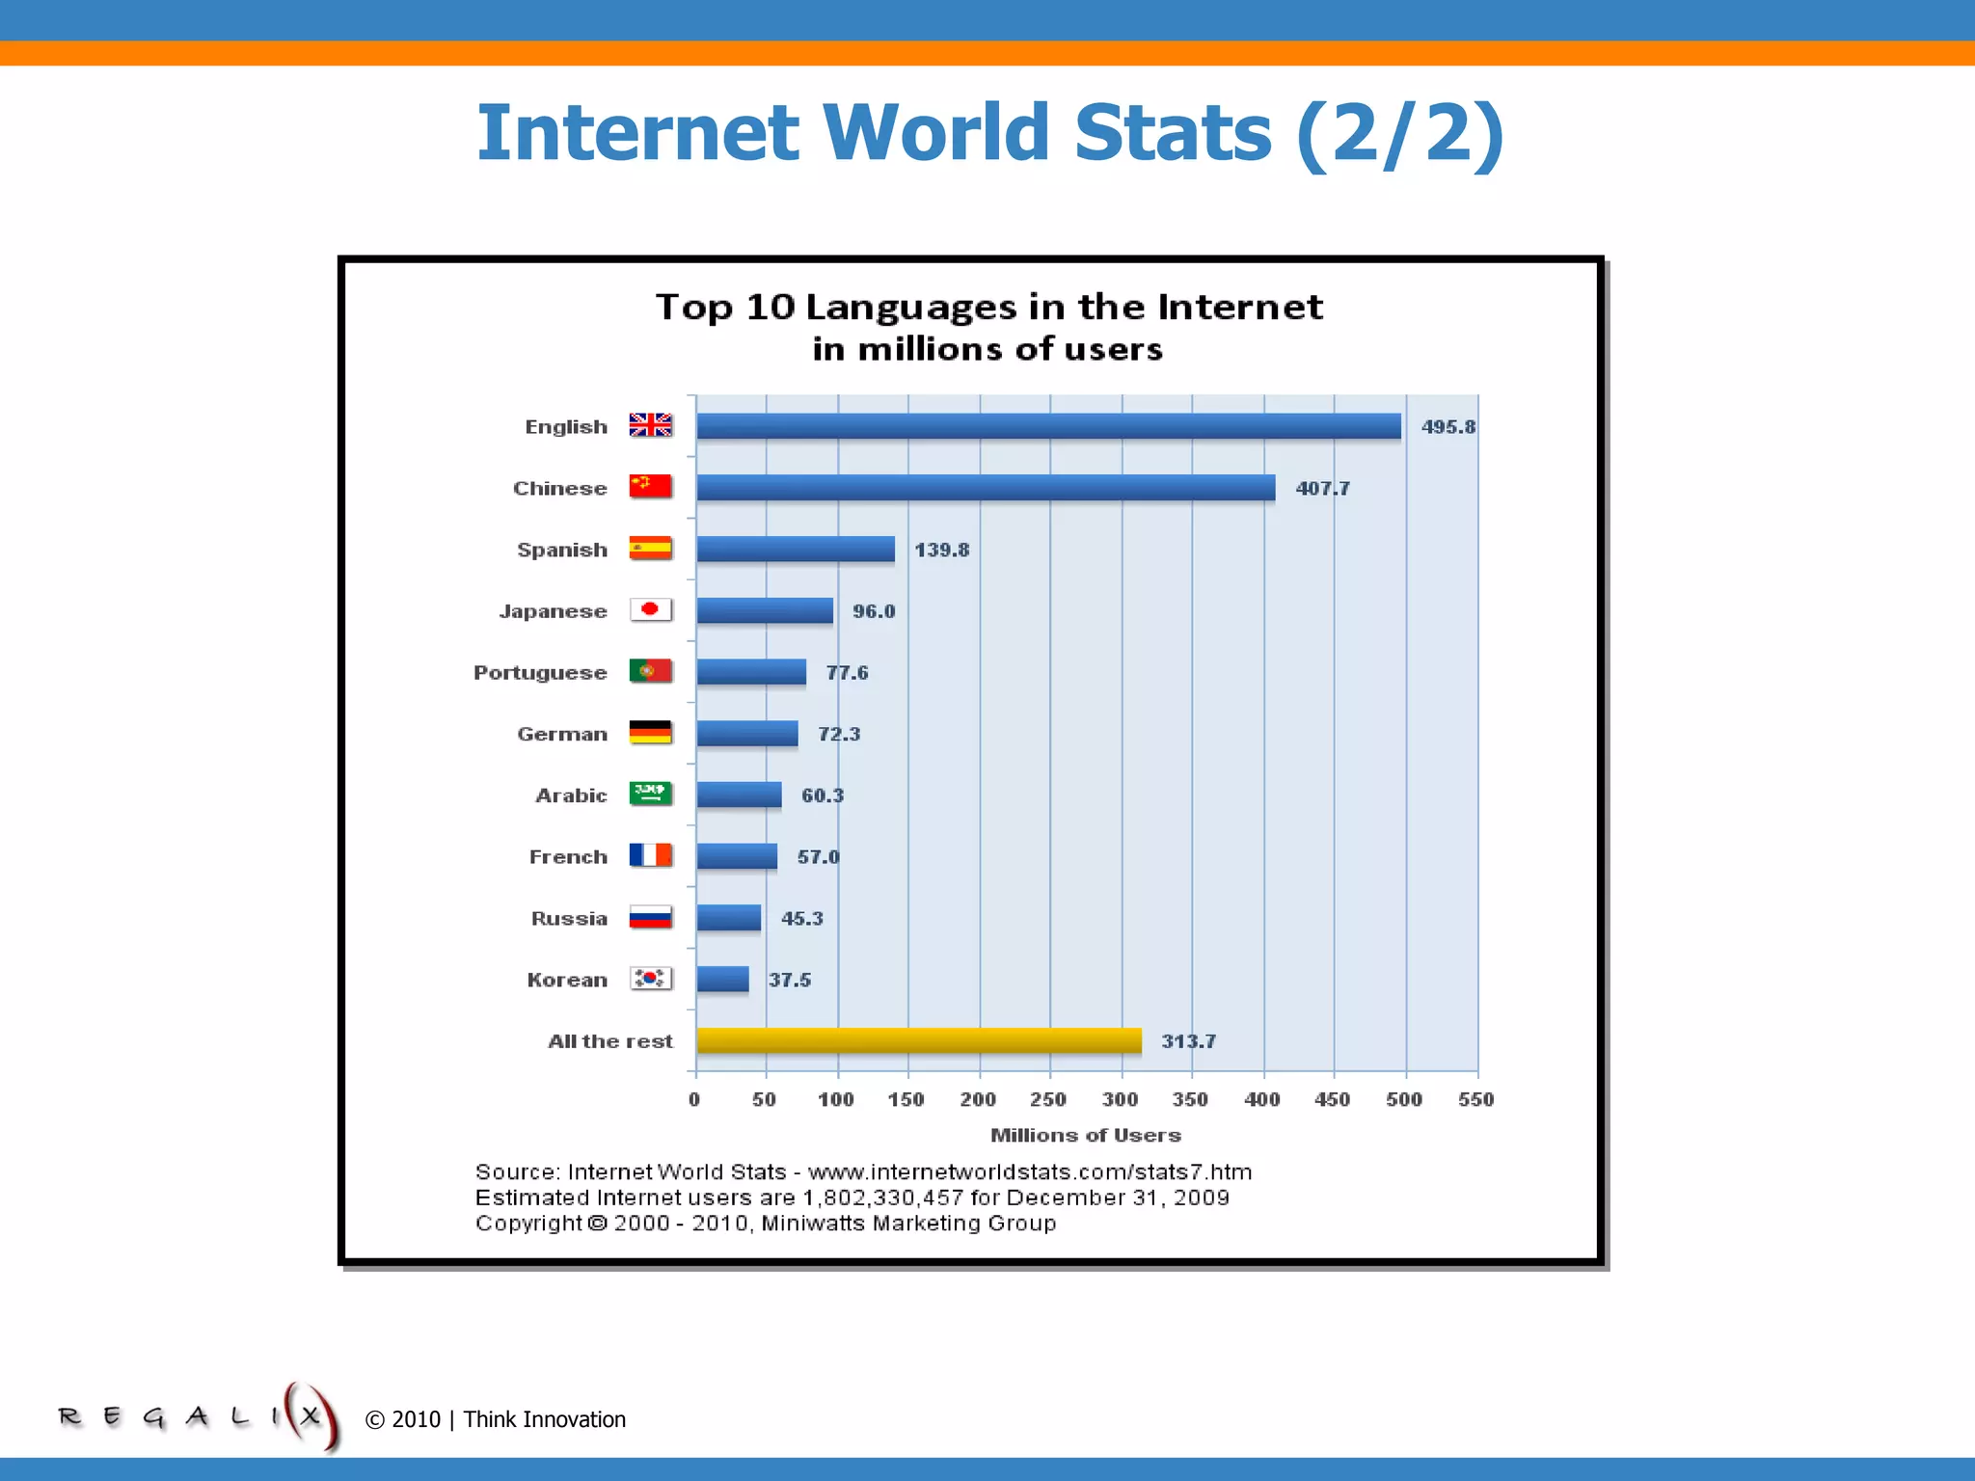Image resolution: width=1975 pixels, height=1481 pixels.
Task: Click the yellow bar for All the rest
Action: point(918,1040)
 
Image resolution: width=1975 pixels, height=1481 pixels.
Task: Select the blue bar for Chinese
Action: point(985,488)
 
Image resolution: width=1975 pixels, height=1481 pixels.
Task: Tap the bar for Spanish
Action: point(795,550)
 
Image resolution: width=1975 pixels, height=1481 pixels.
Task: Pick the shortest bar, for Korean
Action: point(721,980)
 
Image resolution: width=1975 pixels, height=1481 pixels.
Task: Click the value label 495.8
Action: point(1447,427)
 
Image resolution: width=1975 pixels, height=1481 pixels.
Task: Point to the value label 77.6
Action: point(847,673)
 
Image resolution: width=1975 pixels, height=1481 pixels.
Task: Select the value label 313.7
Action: point(1188,1041)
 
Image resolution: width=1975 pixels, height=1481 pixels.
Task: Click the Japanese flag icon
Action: point(650,610)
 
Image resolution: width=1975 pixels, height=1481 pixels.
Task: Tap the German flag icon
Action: point(650,733)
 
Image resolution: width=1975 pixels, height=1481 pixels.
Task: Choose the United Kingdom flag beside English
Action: point(650,425)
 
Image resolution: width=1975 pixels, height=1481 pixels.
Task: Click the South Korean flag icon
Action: point(650,979)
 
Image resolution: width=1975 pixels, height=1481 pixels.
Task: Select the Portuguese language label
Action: point(540,673)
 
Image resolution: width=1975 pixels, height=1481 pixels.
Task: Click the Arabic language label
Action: point(571,795)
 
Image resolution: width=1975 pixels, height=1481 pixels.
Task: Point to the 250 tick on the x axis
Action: point(1048,1100)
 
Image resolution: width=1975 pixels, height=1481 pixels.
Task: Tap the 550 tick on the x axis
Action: point(1475,1100)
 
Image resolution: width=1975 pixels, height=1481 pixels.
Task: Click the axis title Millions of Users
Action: point(1085,1136)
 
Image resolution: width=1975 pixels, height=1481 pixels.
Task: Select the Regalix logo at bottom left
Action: point(198,1416)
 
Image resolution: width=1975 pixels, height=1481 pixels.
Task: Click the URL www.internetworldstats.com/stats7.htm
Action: point(1029,1172)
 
